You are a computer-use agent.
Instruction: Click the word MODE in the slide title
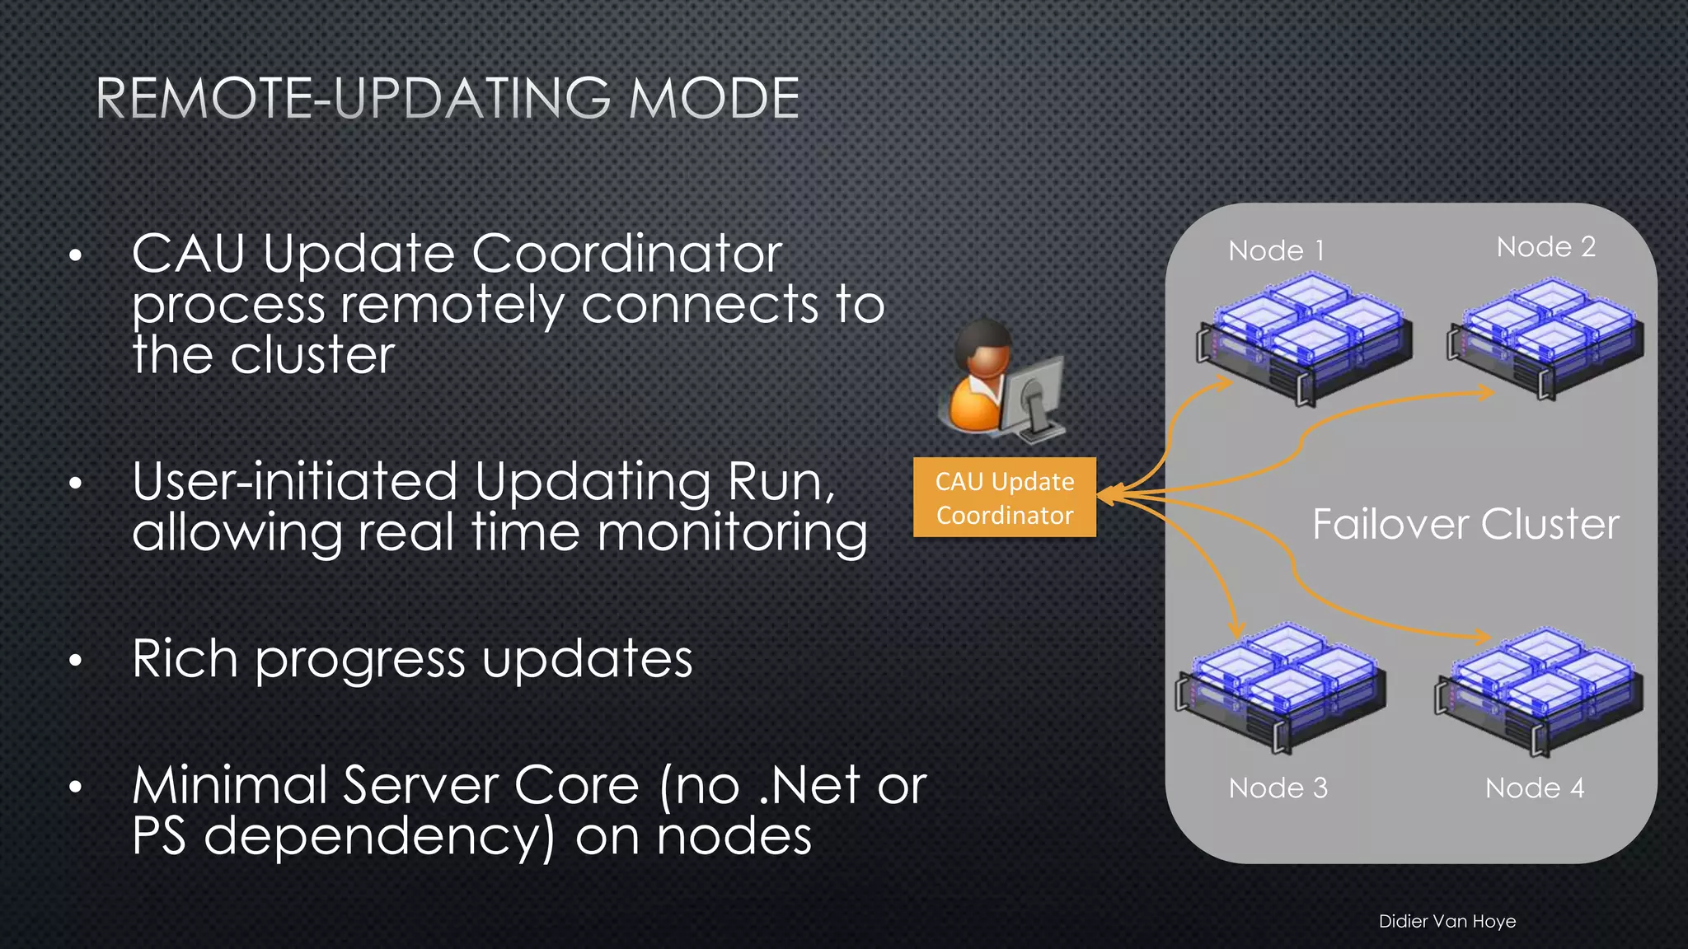tap(714, 99)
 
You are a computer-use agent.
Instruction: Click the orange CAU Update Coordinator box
tap(1004, 498)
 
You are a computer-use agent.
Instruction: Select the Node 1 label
tap(1276, 250)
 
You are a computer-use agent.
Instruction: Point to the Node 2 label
tap(1545, 246)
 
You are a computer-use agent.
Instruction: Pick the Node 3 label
tap(1278, 788)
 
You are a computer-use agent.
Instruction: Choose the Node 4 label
tap(1534, 788)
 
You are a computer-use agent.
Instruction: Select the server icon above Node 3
tap(1282, 688)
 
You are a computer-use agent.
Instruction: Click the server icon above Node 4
tap(1539, 690)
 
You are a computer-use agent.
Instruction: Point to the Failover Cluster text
tap(1465, 524)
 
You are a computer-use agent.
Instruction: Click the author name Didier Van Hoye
tap(1447, 921)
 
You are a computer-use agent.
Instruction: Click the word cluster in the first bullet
tap(312, 356)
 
